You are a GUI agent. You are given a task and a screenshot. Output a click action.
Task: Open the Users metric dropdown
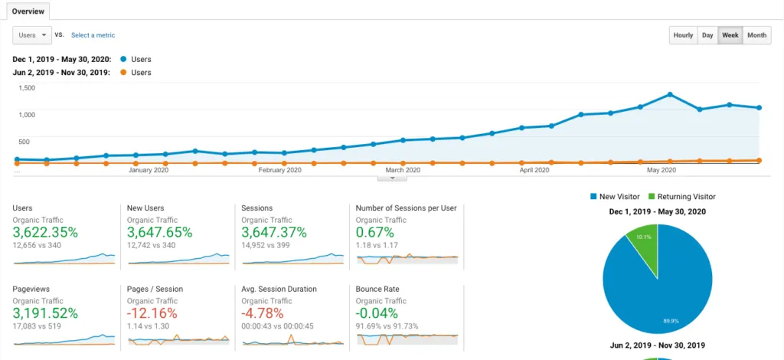tap(32, 35)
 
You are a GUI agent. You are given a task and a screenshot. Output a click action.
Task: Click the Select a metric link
tap(93, 35)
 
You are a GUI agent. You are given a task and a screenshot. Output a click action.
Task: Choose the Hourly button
tap(683, 35)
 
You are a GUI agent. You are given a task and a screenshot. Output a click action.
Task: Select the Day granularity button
tap(707, 35)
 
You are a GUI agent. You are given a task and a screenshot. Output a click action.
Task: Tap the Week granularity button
tap(730, 35)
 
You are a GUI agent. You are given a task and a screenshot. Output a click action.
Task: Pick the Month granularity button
tap(756, 35)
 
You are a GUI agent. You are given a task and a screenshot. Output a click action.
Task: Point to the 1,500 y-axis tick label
tap(27, 87)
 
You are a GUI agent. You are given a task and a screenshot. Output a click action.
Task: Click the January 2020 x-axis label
tap(149, 170)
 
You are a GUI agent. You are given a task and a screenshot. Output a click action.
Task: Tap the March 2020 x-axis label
tap(403, 170)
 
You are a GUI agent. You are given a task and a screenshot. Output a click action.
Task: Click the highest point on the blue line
tap(670, 94)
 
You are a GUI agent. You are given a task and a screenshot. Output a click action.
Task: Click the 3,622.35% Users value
tap(45, 232)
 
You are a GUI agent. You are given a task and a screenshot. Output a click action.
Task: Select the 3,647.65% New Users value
tap(159, 232)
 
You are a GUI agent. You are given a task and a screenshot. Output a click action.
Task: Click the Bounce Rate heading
tap(378, 289)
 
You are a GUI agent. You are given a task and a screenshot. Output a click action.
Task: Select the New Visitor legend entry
tap(619, 197)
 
